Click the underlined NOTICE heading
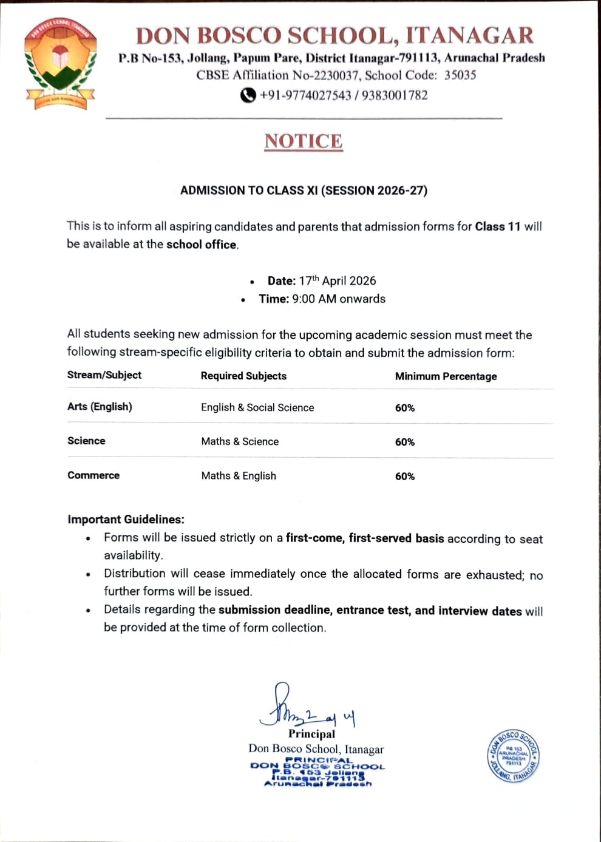(304, 141)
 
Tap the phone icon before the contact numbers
(248, 95)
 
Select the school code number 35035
(460, 75)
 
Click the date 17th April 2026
(337, 280)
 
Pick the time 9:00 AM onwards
(339, 299)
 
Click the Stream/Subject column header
(104, 375)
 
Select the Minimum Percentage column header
(446, 376)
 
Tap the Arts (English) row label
(100, 407)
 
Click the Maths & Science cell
(240, 441)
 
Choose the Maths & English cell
(239, 476)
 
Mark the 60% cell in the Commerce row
(405, 477)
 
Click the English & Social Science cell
(257, 407)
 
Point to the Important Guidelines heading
(126, 520)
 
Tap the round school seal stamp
(513, 756)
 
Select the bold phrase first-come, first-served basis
(365, 538)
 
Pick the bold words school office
(201, 245)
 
